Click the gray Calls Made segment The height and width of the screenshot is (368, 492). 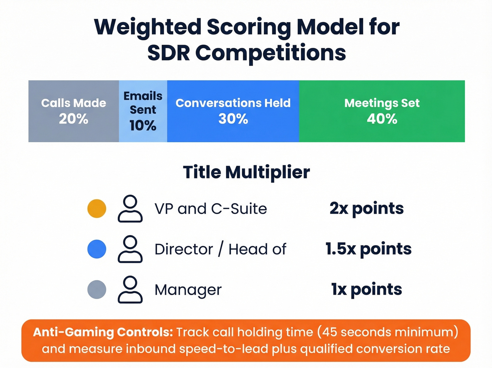pyautogui.click(x=73, y=111)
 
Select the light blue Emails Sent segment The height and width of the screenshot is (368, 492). pyautogui.click(x=143, y=111)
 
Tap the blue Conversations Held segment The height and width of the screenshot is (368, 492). pyautogui.click(x=233, y=111)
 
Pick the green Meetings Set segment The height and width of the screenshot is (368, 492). pyautogui.click(x=382, y=111)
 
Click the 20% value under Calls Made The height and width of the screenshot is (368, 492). pyautogui.click(x=73, y=119)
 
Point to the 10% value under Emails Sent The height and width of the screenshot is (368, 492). pyautogui.click(x=143, y=126)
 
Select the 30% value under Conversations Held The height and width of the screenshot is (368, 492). pyautogui.click(x=233, y=119)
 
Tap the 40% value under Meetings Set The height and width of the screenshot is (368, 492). pyautogui.click(x=382, y=119)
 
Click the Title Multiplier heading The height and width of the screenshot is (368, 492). pyautogui.click(x=246, y=172)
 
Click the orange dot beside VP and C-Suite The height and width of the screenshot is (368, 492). pyautogui.click(x=97, y=208)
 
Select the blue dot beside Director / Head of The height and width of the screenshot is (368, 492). pyautogui.click(x=97, y=249)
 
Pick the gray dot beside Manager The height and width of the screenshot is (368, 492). pyautogui.click(x=97, y=289)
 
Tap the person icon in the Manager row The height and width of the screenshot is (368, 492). pyautogui.click(x=130, y=289)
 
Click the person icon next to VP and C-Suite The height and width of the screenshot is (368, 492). pyautogui.click(x=130, y=208)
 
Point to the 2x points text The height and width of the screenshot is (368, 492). pyautogui.click(x=367, y=208)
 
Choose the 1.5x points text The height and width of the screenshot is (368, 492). pyautogui.click(x=368, y=249)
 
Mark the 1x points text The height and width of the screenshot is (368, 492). pyautogui.click(x=367, y=289)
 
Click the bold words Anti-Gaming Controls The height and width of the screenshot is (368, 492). pyautogui.click(x=103, y=332)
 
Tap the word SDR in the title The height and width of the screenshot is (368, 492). pyautogui.click(x=168, y=53)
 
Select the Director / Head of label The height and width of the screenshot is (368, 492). pyautogui.click(x=220, y=249)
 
